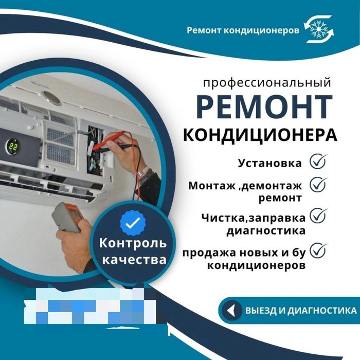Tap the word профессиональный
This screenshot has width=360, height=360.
(x=266, y=82)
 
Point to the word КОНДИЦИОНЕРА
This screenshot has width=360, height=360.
(x=260, y=134)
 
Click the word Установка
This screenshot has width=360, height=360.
(x=270, y=164)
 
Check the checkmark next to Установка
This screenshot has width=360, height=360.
(x=318, y=161)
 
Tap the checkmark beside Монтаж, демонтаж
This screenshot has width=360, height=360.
(x=318, y=184)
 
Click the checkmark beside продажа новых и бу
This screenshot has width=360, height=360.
(x=318, y=250)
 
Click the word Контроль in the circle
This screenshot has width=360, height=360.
(x=133, y=242)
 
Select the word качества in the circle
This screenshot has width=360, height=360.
(x=134, y=260)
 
